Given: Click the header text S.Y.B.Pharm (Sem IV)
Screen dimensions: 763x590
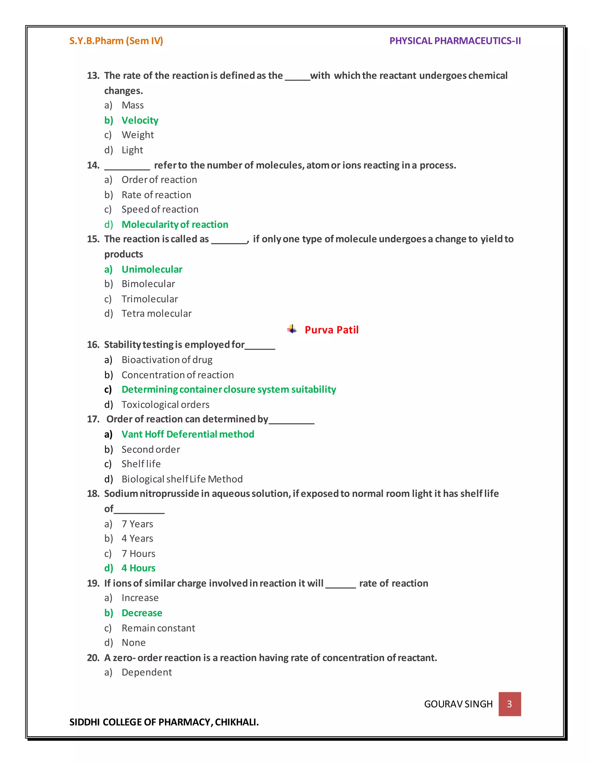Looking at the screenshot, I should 116,41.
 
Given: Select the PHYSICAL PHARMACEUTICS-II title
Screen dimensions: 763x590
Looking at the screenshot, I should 455,41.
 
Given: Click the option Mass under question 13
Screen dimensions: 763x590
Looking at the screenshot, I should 133,105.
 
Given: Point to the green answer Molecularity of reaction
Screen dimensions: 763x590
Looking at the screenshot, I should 175,224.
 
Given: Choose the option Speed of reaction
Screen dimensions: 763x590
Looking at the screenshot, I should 160,209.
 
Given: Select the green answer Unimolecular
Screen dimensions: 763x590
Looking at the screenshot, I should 152,269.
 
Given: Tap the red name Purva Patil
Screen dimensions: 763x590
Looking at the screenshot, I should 331,330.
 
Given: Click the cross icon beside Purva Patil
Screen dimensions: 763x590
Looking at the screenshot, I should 292,329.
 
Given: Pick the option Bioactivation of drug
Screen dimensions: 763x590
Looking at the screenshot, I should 167,360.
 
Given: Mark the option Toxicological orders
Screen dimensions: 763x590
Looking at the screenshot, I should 165,405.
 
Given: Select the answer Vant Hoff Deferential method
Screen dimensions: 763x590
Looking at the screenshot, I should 188,434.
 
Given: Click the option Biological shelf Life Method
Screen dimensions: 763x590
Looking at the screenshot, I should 182,479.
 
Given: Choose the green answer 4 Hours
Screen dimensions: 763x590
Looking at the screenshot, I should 138,568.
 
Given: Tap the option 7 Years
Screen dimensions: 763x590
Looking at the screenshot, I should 137,524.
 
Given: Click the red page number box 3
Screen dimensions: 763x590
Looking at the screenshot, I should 509,704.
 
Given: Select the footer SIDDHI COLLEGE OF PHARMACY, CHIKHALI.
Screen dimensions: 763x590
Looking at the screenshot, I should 164,722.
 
